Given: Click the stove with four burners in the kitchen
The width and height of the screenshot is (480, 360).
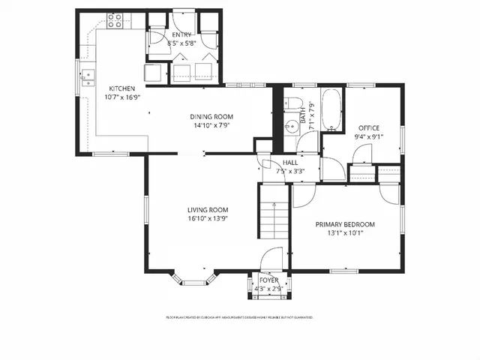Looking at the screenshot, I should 115,22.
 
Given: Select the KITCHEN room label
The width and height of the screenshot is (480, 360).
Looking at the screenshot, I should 122,88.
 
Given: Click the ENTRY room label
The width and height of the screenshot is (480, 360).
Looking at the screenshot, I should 181,35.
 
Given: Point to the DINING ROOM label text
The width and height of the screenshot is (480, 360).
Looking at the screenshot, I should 211,117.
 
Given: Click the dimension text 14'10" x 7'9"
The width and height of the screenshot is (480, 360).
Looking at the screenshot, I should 211,126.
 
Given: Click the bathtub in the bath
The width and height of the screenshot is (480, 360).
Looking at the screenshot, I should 332,110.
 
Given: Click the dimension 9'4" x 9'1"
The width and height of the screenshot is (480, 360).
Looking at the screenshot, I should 370,136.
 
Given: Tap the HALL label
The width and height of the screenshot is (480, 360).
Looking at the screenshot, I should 290,163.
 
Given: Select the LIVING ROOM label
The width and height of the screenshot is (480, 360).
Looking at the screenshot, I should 208,210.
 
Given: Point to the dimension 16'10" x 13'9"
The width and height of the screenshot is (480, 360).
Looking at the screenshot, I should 208,219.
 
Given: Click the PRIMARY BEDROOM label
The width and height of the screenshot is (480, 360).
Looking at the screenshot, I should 345,224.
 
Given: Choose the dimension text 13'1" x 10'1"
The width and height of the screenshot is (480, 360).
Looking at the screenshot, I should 345,233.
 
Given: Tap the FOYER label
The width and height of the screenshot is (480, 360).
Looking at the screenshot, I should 268,280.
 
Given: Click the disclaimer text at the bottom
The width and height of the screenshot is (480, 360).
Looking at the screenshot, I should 239,317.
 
